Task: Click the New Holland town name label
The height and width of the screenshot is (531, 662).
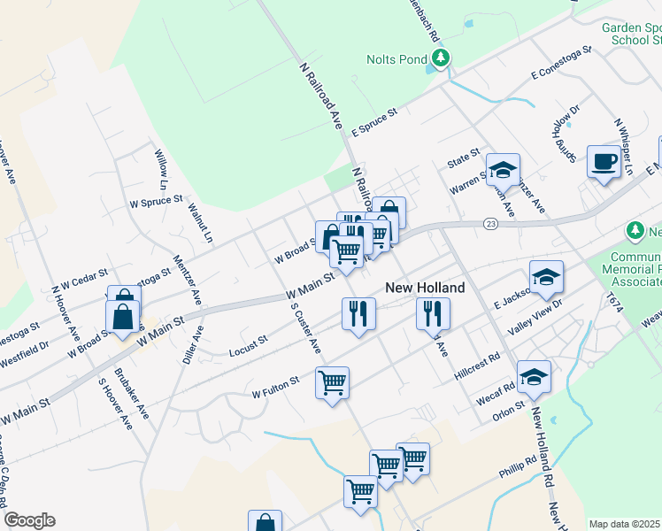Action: (x=425, y=289)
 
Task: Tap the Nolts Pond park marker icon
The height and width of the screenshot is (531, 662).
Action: (x=440, y=59)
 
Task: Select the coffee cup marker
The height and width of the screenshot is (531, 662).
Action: (x=604, y=162)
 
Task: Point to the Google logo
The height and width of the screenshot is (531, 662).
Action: (x=29, y=520)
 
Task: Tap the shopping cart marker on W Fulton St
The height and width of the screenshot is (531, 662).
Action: (x=332, y=384)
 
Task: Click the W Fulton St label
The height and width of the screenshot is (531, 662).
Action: (x=276, y=388)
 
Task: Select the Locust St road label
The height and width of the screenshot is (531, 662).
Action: (x=247, y=346)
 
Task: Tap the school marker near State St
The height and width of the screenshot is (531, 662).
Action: (x=503, y=169)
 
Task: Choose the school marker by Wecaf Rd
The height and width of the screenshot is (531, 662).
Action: (x=534, y=377)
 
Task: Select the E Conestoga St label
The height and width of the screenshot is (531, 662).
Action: (x=561, y=65)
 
